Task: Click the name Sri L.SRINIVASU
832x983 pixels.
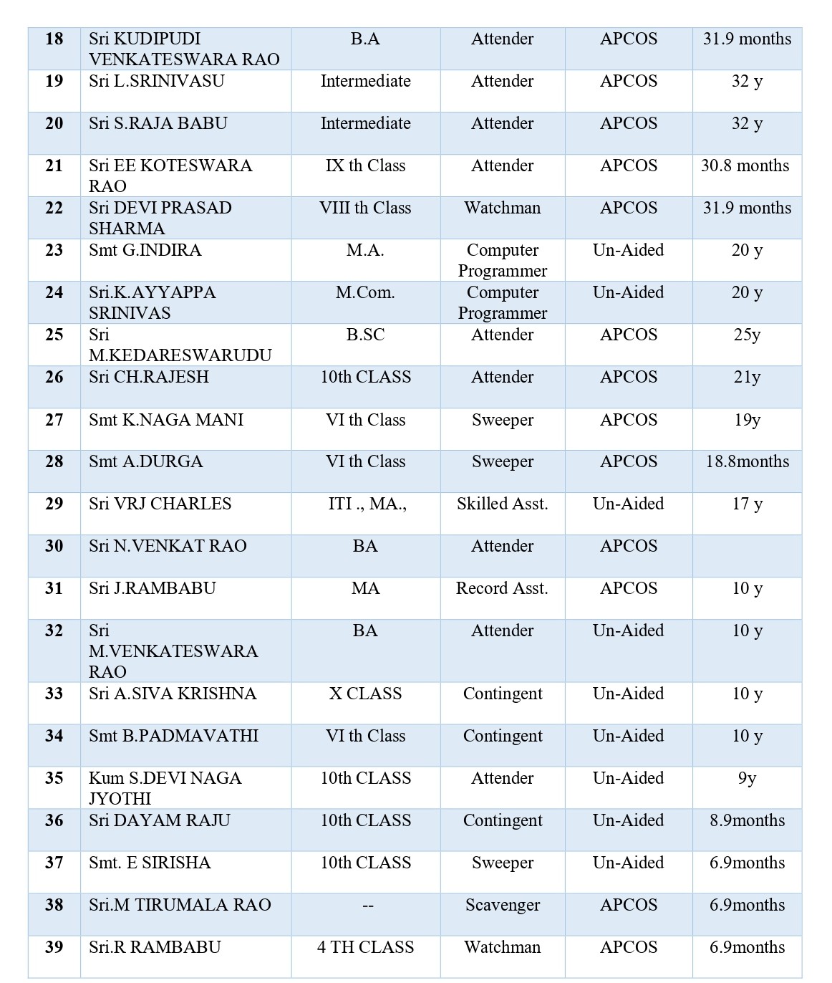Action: coord(157,81)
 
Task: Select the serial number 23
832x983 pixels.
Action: coord(54,250)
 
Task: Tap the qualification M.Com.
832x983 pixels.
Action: coord(365,292)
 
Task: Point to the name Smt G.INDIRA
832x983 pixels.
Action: coord(145,250)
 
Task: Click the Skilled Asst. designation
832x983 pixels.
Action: coord(502,504)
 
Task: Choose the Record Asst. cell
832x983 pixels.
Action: coord(502,588)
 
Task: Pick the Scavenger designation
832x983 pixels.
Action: coord(502,905)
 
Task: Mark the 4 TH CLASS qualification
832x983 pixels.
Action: coord(365,947)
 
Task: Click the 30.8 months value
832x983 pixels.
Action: coord(745,166)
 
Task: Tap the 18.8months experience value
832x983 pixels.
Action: coord(747,461)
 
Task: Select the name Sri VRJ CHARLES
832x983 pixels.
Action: coord(160,504)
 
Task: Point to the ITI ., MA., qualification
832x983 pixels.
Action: coord(367,504)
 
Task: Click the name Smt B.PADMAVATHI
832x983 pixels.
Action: coord(173,736)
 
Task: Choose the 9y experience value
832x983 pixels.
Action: coord(747,778)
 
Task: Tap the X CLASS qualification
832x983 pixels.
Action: coord(365,694)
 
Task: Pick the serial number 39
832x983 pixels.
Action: coord(54,947)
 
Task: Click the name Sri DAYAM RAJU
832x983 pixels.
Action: coord(160,820)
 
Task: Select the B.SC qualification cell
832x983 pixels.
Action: coord(365,335)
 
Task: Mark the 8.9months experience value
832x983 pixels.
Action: coord(747,820)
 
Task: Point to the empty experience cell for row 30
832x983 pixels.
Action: coord(747,555)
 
